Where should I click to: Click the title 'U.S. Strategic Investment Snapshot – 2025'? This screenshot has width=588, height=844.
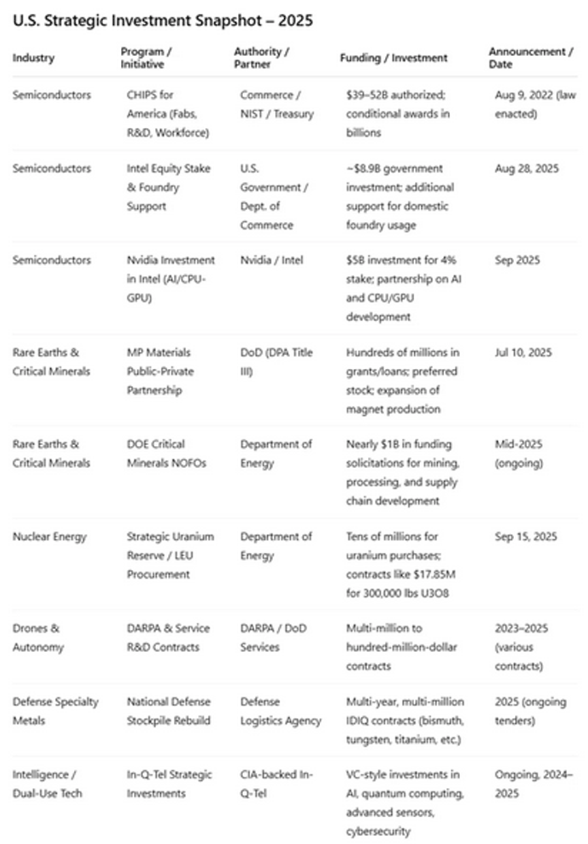(x=163, y=21)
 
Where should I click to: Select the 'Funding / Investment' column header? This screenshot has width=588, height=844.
(x=393, y=58)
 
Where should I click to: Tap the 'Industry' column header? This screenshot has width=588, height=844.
(x=33, y=58)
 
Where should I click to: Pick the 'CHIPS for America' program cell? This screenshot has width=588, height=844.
(x=165, y=114)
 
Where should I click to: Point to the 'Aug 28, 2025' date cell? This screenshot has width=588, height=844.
(x=527, y=168)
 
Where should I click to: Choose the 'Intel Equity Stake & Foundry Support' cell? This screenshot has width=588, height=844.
(x=169, y=187)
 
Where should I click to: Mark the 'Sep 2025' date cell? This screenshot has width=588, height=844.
(x=517, y=260)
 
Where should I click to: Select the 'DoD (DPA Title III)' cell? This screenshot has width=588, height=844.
(x=276, y=362)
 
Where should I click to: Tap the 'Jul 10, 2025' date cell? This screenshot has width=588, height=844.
(x=523, y=352)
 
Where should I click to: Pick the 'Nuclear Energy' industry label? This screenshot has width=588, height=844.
(x=50, y=537)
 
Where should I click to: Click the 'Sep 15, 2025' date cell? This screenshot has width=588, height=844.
(x=526, y=537)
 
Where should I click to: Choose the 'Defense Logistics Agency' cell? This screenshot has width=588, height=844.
(x=280, y=711)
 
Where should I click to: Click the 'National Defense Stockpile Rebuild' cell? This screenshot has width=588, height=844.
(x=169, y=711)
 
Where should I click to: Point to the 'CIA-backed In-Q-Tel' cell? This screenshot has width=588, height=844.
(x=277, y=784)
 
